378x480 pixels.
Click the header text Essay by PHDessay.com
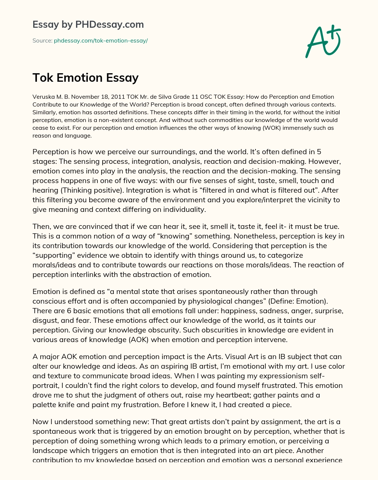coord(88,24)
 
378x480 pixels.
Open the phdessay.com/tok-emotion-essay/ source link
coord(101,41)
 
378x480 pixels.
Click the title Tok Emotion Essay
coord(86,78)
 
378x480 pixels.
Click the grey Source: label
coord(42,41)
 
